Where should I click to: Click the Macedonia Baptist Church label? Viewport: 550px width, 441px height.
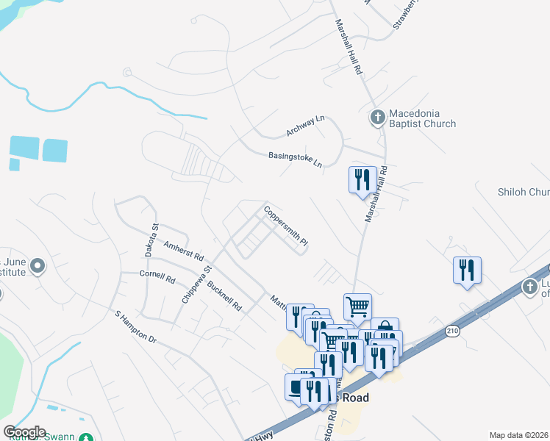422,118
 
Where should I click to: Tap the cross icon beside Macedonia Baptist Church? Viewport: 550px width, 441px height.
377,117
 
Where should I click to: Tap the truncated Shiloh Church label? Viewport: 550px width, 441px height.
524,192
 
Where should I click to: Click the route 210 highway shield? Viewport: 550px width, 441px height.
453,332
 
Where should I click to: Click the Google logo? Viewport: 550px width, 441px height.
24,431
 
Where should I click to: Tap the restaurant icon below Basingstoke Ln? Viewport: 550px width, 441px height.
362,181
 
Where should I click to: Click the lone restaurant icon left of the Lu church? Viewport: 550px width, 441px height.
467,270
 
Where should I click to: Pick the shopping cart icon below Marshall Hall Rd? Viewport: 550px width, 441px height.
357,306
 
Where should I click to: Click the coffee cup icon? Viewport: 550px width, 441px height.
298,387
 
